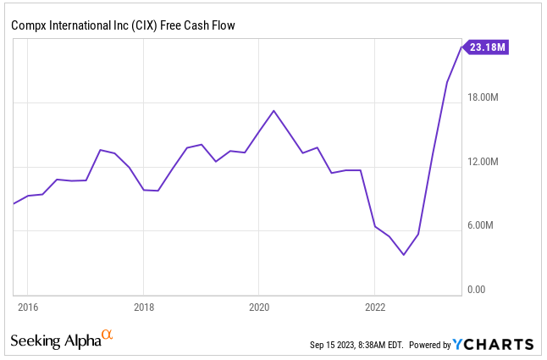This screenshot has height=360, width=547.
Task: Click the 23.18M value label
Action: pos(488,47)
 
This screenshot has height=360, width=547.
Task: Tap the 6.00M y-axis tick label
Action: pos(485,226)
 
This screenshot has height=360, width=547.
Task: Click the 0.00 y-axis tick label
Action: pos(477,290)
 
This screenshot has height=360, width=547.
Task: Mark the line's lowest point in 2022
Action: pos(404,255)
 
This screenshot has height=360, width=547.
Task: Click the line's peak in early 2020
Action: pos(273,111)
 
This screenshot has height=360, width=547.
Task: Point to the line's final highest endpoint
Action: pos(461,47)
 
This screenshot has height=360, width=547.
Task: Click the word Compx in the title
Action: pos(28,25)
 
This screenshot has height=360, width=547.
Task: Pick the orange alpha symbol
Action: pos(107,335)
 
